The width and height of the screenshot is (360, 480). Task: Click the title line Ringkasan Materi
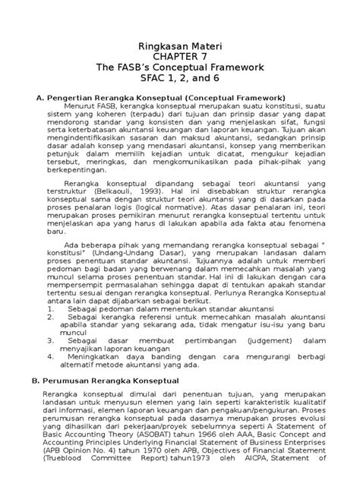(x=179, y=45)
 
